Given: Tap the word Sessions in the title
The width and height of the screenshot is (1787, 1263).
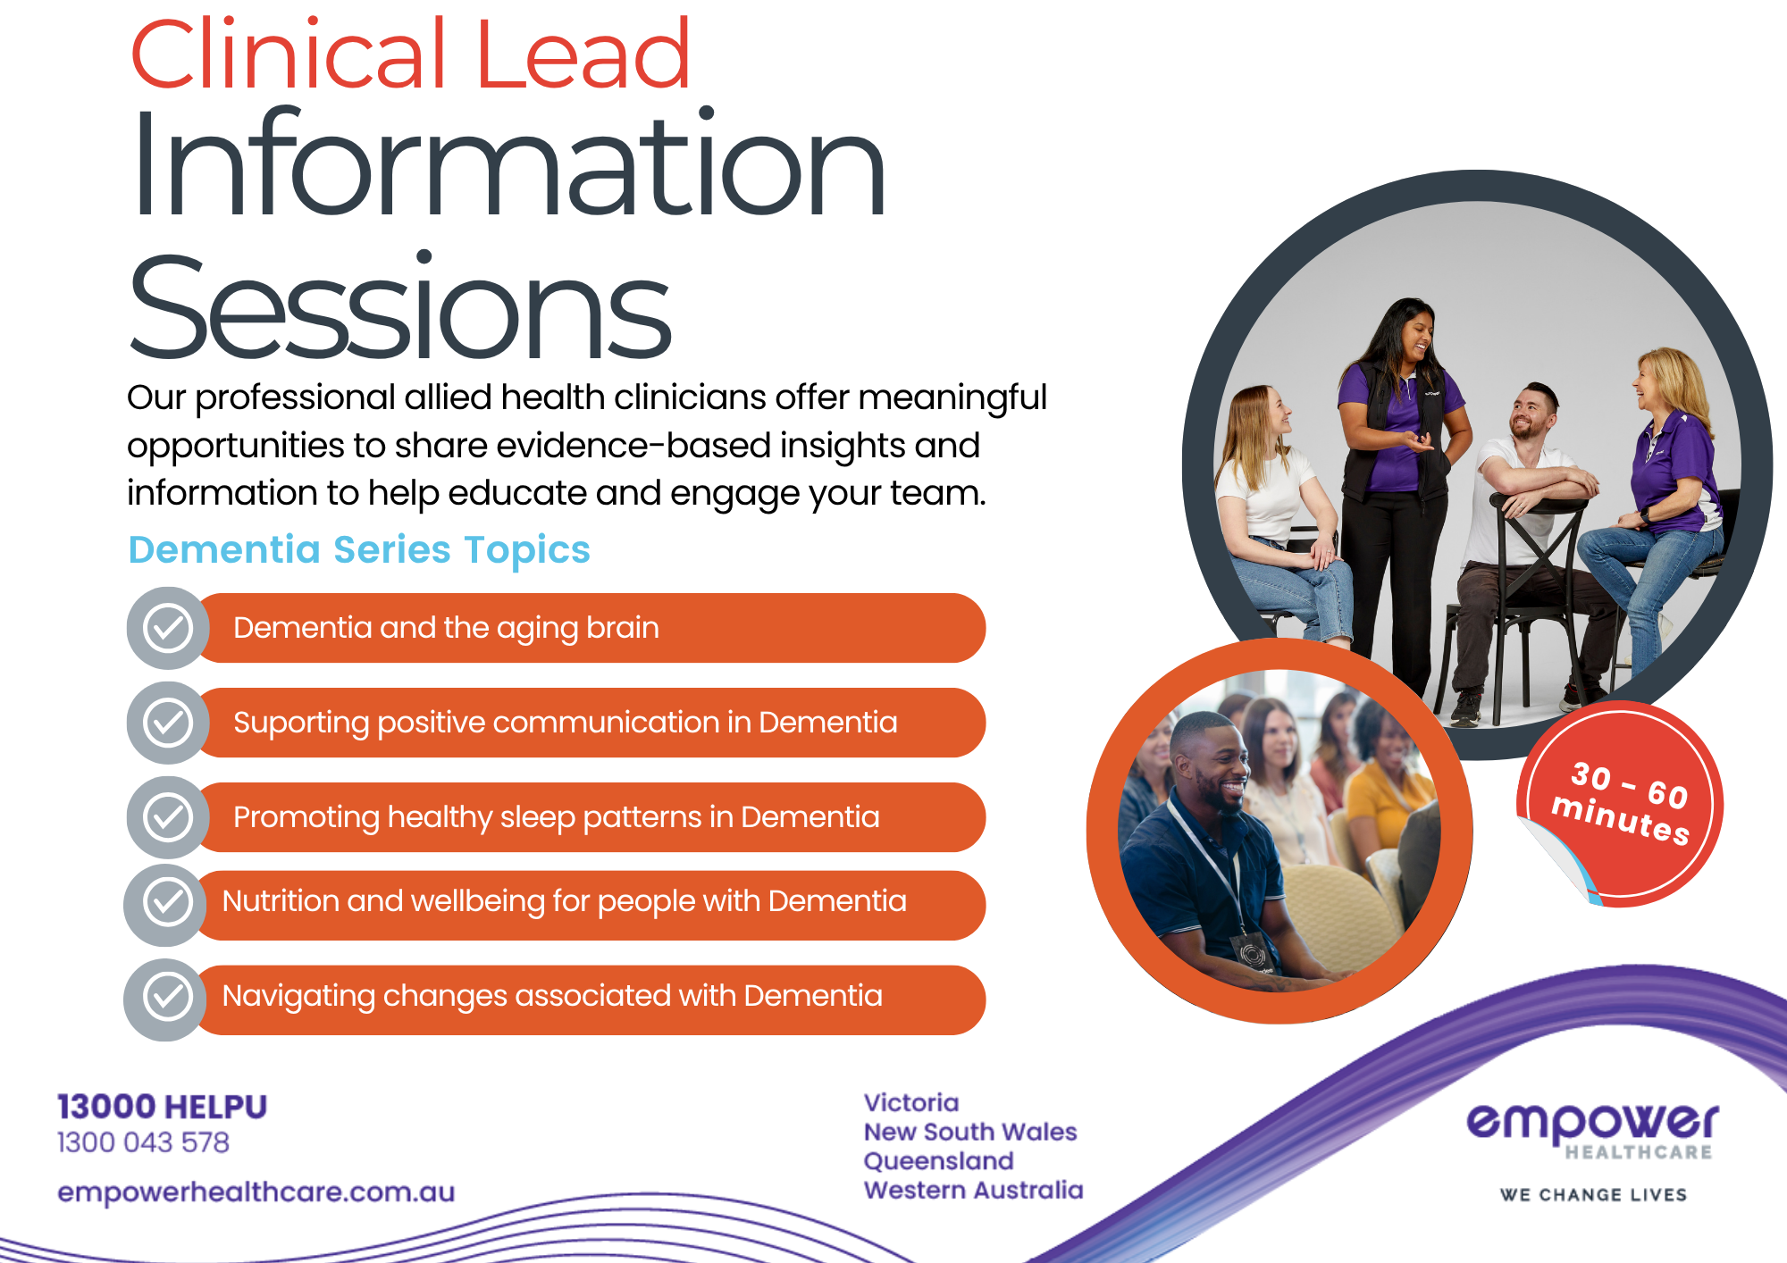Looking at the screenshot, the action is tap(399, 308).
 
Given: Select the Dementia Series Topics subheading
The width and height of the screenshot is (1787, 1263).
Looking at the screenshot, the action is tap(359, 550).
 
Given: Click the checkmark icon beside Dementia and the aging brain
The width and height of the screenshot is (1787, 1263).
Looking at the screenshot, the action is tap(168, 628).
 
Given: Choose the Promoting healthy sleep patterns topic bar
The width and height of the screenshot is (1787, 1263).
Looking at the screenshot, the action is tap(590, 817).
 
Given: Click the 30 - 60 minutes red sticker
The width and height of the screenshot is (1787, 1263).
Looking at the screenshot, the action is tap(1620, 804).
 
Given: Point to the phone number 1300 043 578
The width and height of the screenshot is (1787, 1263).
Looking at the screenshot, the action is tap(143, 1142).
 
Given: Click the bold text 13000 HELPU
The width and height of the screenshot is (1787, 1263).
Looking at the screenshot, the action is tap(162, 1107).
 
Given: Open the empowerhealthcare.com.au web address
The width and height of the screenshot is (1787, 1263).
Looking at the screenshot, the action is tap(256, 1192).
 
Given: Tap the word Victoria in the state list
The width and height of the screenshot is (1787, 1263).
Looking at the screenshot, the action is tap(911, 1103).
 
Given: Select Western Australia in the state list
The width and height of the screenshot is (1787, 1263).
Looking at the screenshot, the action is tap(974, 1190).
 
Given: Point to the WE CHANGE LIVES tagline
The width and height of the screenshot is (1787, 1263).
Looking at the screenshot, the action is tap(1594, 1195).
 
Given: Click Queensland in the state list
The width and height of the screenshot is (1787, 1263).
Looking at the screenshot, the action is tap(939, 1161).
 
